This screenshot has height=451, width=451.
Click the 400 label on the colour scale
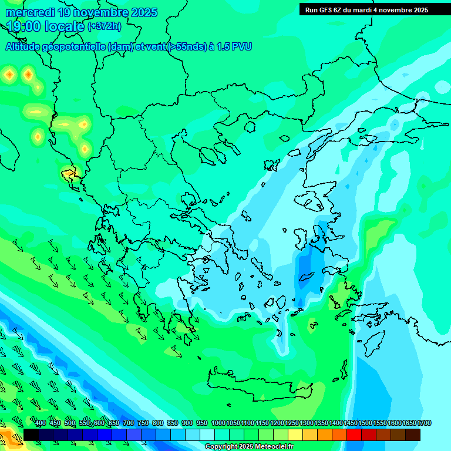pos(41,423)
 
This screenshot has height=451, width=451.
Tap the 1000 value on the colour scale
pos(218,423)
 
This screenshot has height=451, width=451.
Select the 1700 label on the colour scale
pos(425,423)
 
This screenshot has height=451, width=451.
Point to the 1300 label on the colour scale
pos(307,423)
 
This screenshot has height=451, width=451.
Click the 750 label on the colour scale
pos(143,423)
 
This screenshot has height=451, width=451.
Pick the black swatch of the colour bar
pos(31,435)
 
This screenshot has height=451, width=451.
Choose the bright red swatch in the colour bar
pos(354,435)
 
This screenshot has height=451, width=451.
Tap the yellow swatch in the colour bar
pos(295,435)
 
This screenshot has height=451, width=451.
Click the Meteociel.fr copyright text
pos(249,446)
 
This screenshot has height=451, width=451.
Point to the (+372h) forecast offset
pos(105,26)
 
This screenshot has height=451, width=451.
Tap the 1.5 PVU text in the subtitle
pos(234,46)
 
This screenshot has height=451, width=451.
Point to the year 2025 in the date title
pos(144,12)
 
